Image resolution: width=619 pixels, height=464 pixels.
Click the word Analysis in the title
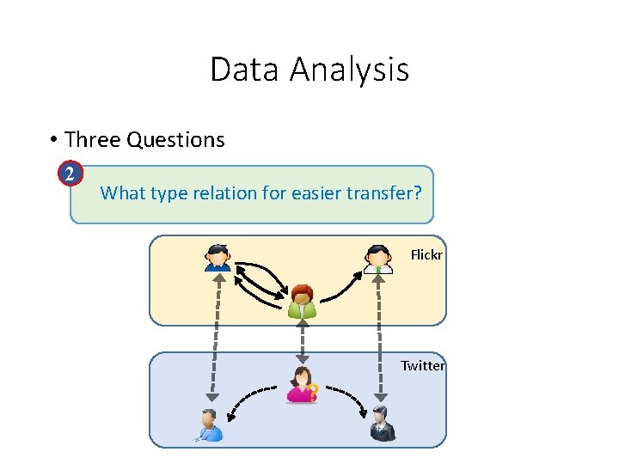(348, 70)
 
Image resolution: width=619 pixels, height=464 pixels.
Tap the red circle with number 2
(71, 174)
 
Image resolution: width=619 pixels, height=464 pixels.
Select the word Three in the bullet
(92, 139)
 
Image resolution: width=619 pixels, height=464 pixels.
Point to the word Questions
(175, 139)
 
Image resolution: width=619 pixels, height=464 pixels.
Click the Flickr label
(426, 254)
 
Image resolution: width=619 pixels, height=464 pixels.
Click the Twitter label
(423, 366)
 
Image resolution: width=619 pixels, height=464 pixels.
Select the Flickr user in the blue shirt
(218, 258)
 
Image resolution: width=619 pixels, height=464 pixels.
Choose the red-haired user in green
(302, 301)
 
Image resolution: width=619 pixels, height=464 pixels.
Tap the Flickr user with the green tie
(378, 259)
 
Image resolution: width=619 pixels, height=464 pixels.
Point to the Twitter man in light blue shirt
(209, 424)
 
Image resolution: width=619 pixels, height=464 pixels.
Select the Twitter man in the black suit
(382, 424)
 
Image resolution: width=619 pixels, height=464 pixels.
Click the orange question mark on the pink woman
(313, 394)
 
